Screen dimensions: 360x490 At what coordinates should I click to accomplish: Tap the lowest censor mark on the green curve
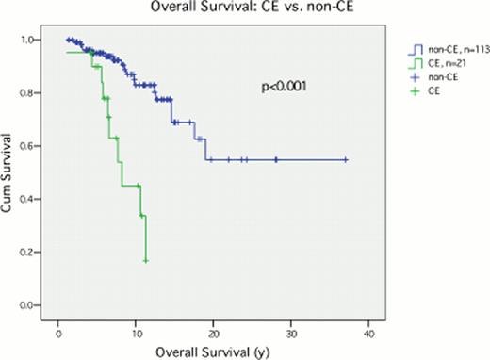pos(146,260)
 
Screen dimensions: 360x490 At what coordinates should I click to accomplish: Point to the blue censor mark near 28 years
pos(276,160)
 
